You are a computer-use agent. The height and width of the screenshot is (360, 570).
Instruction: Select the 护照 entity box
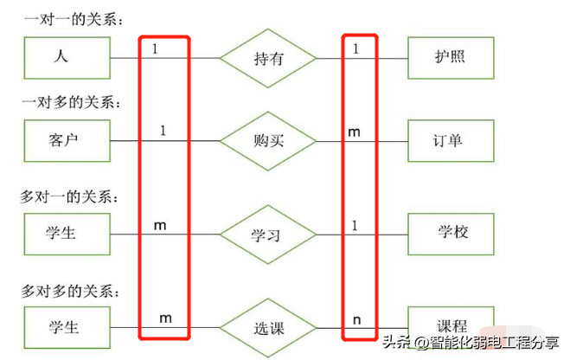pos(450,59)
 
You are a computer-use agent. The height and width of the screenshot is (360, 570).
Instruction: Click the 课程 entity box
pos(450,325)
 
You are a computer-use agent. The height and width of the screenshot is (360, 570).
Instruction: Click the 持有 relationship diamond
pos(267,59)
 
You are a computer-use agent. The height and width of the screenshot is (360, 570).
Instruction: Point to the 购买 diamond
pos(267,141)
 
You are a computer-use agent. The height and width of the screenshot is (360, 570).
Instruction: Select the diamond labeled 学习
pos(267,234)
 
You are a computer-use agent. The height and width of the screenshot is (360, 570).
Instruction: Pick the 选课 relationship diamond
pos(267,329)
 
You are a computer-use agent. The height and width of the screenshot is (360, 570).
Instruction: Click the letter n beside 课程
pos(355,319)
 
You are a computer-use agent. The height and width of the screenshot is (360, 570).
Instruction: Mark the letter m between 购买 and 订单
pos(354,132)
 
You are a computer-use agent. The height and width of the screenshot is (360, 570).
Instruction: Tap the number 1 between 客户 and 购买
pos(163,131)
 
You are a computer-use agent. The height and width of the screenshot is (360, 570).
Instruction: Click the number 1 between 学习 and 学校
pos(355,224)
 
